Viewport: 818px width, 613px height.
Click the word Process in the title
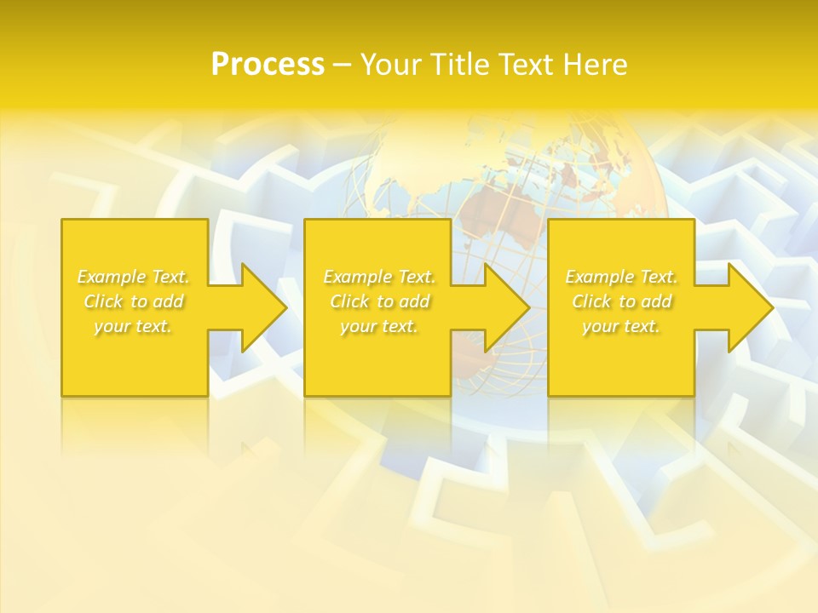(x=268, y=65)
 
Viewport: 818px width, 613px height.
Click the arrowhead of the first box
(x=264, y=307)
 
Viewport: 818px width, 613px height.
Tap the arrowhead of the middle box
(x=507, y=307)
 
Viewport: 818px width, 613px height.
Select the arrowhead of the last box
(x=751, y=307)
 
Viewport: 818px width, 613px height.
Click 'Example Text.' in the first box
(x=134, y=277)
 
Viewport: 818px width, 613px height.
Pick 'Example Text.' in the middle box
(x=379, y=277)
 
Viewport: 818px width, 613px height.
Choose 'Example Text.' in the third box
(x=621, y=277)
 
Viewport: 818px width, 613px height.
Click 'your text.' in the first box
(x=134, y=326)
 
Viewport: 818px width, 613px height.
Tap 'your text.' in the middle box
(x=379, y=326)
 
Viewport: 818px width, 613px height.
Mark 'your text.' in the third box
(x=621, y=326)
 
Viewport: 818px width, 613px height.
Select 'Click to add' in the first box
(x=134, y=301)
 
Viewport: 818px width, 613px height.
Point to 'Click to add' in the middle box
(x=379, y=301)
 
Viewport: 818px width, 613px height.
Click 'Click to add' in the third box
(x=621, y=301)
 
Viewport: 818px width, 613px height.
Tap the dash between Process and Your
(x=342, y=65)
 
